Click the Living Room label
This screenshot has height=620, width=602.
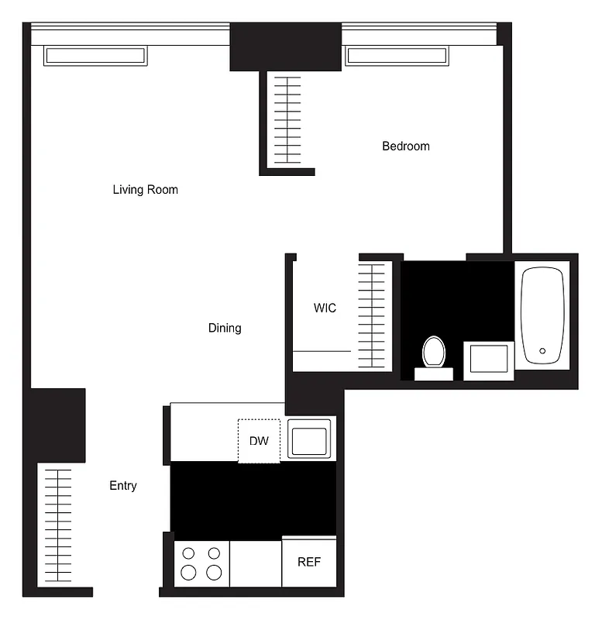[x=145, y=189]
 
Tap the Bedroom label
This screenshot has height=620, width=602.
[x=405, y=146]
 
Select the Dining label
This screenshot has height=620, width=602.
[x=225, y=328]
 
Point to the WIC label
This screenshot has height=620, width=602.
[x=325, y=308]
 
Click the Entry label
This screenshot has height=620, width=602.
[x=123, y=485]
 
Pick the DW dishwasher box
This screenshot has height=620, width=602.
[x=259, y=440]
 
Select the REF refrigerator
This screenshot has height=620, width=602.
[x=309, y=561]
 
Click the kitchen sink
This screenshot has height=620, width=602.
[x=309, y=439]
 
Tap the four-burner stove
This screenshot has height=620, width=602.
[x=201, y=563]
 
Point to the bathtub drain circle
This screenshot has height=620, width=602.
[x=542, y=351]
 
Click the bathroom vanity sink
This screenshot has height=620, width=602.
[x=489, y=360]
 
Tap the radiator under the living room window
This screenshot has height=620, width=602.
[x=95, y=56]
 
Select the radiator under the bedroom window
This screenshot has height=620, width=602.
[x=396, y=56]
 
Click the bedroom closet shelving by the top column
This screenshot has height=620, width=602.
[x=287, y=119]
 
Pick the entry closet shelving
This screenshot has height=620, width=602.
[x=57, y=527]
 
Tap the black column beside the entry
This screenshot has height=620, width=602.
[x=57, y=425]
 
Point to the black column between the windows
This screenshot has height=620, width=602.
[x=285, y=46]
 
